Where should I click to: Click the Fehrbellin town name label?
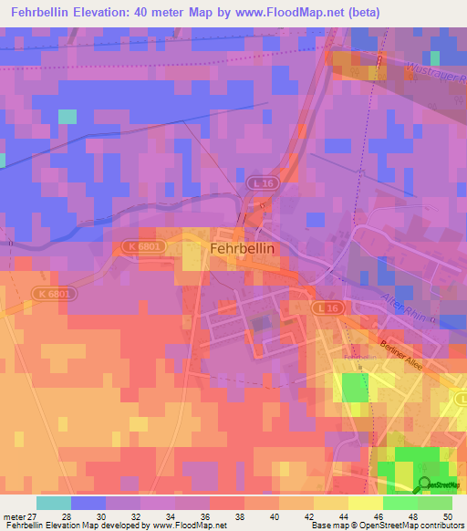pos(243,247)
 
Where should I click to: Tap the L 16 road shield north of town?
pos(263,184)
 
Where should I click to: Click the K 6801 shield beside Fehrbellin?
pos(138,247)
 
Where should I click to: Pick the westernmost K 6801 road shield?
pos(54,293)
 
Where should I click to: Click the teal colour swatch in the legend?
pos(53,503)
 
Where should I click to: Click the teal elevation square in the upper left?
pos(67,116)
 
